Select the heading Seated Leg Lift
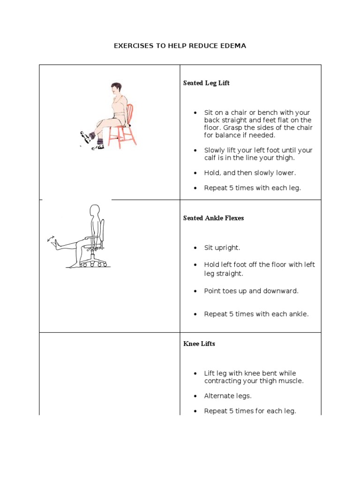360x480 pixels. pos(206,83)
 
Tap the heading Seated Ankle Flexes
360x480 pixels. pos(213,218)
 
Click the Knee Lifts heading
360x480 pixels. pos(199,344)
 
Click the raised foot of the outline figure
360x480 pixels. pos(57,242)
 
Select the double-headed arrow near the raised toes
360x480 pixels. pos(50,239)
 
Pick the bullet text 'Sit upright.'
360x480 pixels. pos(222,248)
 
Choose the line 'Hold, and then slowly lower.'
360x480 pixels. pos(250,173)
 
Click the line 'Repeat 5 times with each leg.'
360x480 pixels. pos(252,188)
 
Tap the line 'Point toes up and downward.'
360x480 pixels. pos(251,291)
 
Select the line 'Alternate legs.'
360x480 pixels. pos(227,396)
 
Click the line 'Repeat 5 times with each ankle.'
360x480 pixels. pos(256,314)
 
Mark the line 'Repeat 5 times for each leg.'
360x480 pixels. pos(250,411)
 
